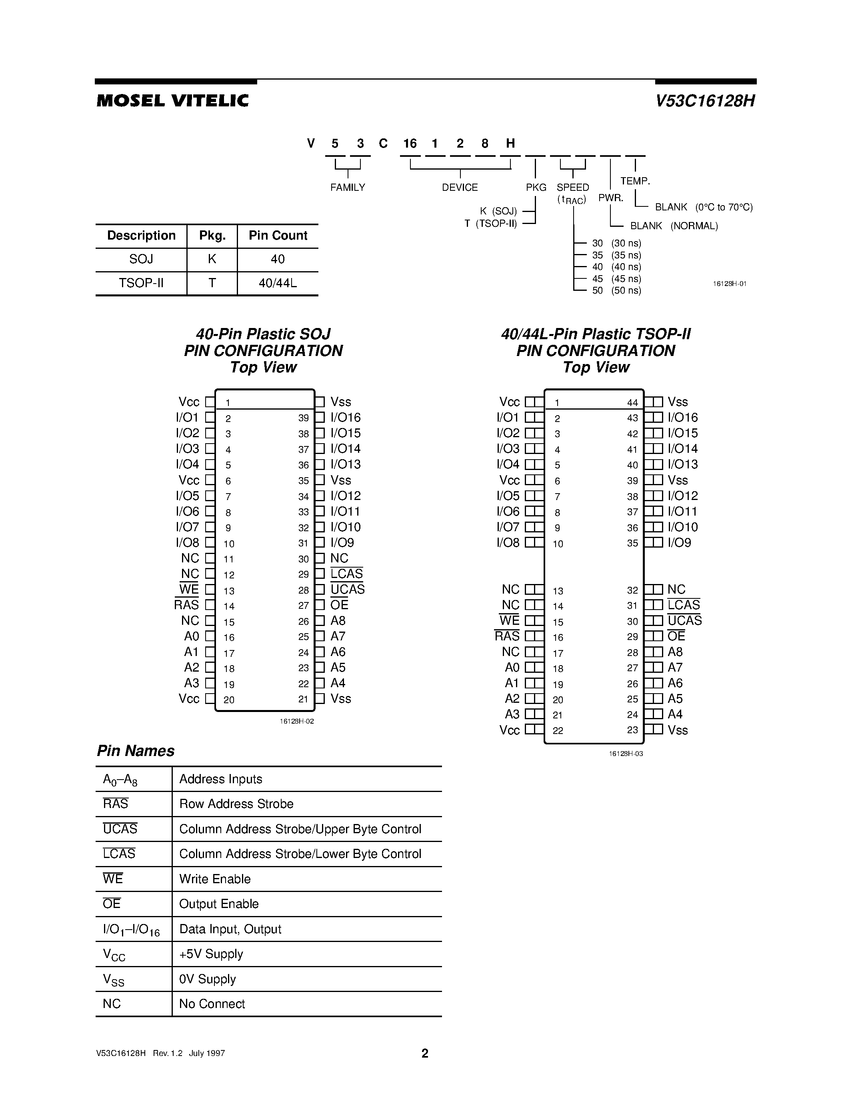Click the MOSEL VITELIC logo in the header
[172, 101]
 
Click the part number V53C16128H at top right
[704, 101]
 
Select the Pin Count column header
[278, 236]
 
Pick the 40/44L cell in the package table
[278, 284]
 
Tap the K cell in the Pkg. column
[212, 259]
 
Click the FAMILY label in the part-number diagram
[348, 187]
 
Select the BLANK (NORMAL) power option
[674, 226]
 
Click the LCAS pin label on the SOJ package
[346, 574]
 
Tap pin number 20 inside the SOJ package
[229, 700]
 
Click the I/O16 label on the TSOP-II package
[683, 418]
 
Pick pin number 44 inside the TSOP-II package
[632, 402]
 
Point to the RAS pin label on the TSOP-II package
[507, 636]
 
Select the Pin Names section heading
[136, 751]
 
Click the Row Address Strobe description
[236, 804]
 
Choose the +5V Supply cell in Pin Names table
[211, 954]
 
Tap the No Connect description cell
[212, 1004]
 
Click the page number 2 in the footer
[425, 1053]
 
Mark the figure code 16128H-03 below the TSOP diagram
[626, 754]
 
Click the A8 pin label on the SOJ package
[338, 621]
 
